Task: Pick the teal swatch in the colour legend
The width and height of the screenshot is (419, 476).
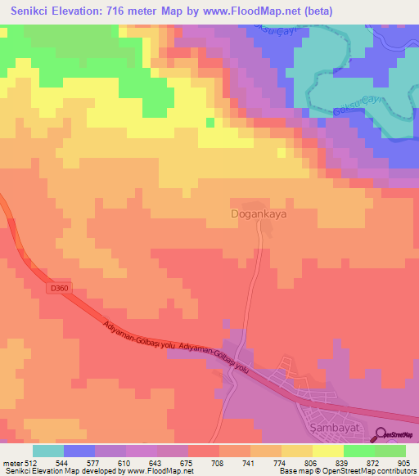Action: (48, 451)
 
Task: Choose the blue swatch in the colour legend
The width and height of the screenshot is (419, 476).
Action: (79, 451)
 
